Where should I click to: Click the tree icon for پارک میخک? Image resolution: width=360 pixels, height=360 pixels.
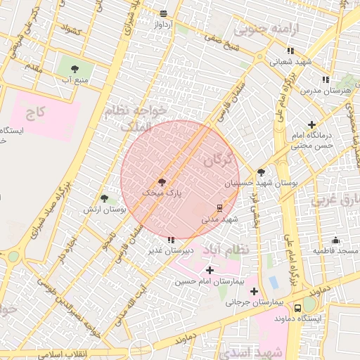click(x=162, y=181)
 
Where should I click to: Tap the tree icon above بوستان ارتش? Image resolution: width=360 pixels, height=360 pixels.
click(x=104, y=199)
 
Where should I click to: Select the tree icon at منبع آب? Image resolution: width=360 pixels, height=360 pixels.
click(x=75, y=68)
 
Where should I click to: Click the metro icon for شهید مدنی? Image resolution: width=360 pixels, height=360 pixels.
click(x=220, y=208)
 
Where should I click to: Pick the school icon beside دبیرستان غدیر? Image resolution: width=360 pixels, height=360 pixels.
click(x=171, y=240)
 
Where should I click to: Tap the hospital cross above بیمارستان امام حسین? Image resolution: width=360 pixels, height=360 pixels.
click(x=210, y=270)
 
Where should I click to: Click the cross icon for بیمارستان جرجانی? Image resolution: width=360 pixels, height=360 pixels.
click(x=254, y=291)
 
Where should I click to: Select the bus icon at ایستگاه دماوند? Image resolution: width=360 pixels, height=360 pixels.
click(x=298, y=307)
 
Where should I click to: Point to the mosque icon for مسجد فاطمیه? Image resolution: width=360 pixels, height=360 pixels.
click(x=335, y=240)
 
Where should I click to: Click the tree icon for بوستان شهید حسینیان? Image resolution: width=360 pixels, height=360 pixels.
click(x=262, y=172)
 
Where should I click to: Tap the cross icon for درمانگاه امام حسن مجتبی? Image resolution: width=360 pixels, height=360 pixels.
click(x=311, y=124)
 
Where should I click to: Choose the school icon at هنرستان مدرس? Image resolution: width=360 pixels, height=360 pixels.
click(x=325, y=80)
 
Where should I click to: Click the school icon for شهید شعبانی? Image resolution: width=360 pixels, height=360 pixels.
click(x=290, y=51)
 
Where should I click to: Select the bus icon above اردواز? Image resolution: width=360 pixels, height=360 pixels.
click(x=164, y=13)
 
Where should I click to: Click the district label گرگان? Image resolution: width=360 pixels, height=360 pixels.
click(x=217, y=160)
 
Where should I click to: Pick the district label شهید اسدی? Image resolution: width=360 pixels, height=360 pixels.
click(x=260, y=352)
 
